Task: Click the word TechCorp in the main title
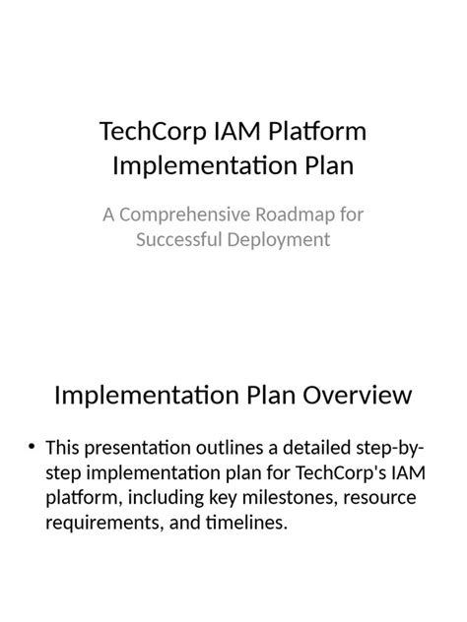(148, 132)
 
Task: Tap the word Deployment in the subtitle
(277, 239)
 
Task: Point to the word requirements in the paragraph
(101, 523)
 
